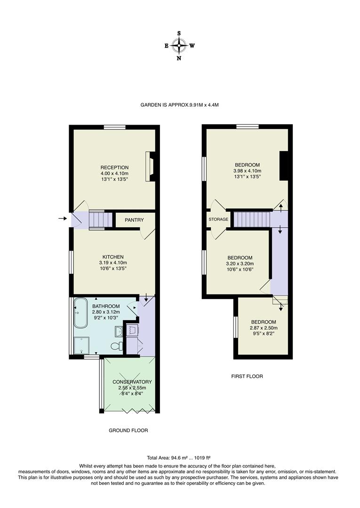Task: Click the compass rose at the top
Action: point(179,46)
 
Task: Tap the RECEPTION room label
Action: point(114,167)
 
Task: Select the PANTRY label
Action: point(134,220)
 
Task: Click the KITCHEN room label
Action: point(111,257)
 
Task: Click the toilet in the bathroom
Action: point(115,347)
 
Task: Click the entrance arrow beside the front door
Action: point(62,218)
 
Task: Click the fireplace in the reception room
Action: point(151,167)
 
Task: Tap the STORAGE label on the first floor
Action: point(218,220)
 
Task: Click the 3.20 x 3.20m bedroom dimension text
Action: point(240,264)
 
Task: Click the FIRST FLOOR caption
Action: point(247,376)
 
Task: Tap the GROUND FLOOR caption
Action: point(128,430)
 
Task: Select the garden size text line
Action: point(179,105)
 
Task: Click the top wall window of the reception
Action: point(114,127)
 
